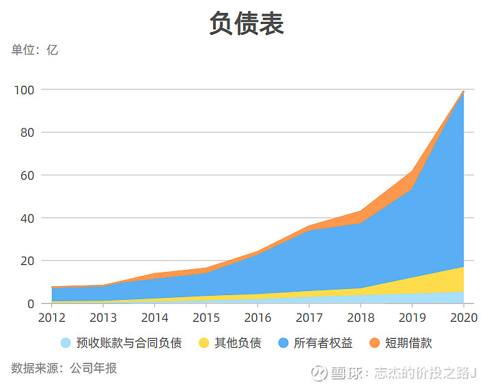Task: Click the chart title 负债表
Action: pyautogui.click(x=246, y=24)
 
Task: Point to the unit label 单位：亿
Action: pyautogui.click(x=35, y=50)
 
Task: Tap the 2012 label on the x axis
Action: pyautogui.click(x=51, y=318)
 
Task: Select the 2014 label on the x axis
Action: pyautogui.click(x=154, y=318)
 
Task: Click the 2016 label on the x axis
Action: pyautogui.click(x=257, y=318)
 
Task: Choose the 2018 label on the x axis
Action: pyautogui.click(x=361, y=318)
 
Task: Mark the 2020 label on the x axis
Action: pyautogui.click(x=464, y=318)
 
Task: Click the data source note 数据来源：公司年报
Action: pyautogui.click(x=64, y=368)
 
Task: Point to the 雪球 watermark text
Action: pyautogui.click(x=348, y=373)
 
